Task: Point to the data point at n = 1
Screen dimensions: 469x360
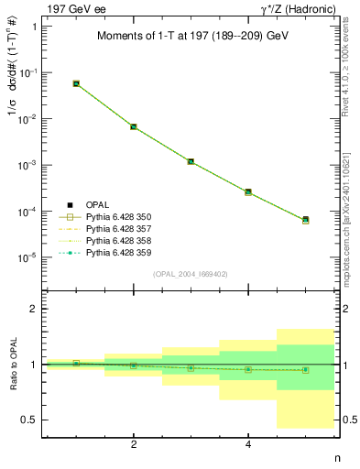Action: [x=76, y=83]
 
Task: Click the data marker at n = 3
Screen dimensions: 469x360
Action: [x=191, y=161]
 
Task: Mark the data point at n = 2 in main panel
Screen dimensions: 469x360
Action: [x=134, y=126]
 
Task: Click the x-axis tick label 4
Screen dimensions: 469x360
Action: [x=248, y=444]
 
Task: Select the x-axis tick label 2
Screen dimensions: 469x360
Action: [x=134, y=444]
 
